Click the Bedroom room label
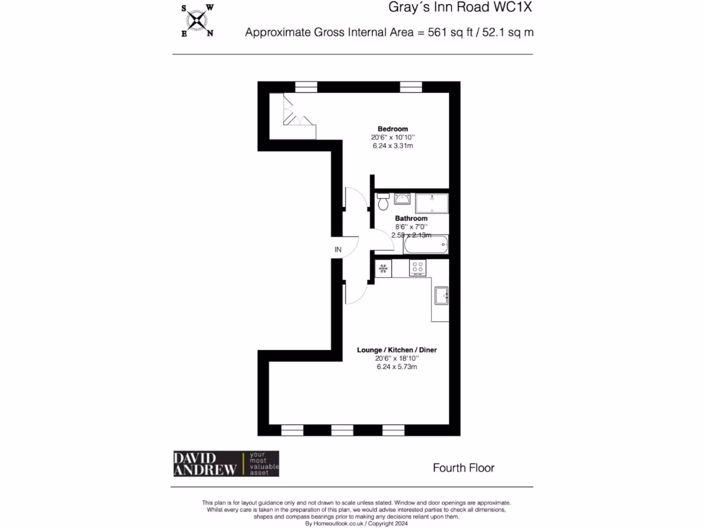point(393,129)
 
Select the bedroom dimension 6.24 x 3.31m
point(393,146)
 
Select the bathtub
point(426,245)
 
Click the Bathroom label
point(411,219)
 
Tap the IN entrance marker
point(338,249)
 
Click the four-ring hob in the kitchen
point(417,267)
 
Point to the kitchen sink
point(441,295)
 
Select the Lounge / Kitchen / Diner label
point(397,350)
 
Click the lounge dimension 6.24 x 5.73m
point(397,367)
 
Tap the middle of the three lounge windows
point(342,430)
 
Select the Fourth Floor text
point(463,468)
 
